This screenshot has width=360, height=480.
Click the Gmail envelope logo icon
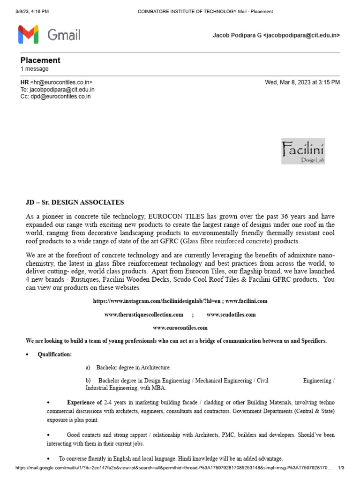point(29,35)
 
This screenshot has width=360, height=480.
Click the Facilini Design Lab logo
point(303,151)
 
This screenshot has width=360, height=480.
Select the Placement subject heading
point(40,60)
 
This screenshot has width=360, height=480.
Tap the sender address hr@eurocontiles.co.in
point(61,82)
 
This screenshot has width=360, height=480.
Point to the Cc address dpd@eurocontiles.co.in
point(60,97)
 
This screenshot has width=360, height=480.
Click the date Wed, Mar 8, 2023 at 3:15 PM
point(302,82)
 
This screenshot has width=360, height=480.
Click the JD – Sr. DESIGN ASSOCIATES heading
point(75,202)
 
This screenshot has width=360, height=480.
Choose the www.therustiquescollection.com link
point(144,315)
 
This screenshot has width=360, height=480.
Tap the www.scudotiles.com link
point(231,315)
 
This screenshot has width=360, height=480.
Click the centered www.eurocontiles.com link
point(180,328)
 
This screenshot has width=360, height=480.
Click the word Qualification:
point(55,354)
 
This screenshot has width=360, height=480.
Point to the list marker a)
point(88,367)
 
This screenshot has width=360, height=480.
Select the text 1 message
point(34,69)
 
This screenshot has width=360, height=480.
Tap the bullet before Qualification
point(28,354)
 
